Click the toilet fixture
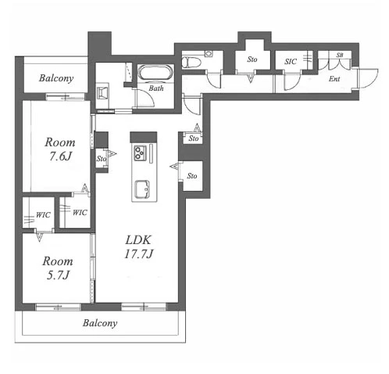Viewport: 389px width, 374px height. pos(191,63)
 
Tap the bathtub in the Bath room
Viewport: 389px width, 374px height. pos(155,72)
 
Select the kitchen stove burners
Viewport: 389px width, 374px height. pos(140,153)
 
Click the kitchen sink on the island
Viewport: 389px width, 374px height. pos(142,189)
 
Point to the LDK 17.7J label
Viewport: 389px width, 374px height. pos(138,246)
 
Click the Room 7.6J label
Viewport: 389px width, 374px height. pos(60,149)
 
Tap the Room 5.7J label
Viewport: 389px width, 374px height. pos(58,268)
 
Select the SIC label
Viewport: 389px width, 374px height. pos(291,62)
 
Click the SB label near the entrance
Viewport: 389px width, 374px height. pos(340,55)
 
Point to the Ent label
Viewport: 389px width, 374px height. pos(334,78)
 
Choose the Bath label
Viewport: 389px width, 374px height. pos(156,88)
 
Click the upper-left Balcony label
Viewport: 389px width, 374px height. pos(56,78)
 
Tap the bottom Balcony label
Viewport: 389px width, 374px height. pos(100,323)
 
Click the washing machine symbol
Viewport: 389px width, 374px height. pos(102,93)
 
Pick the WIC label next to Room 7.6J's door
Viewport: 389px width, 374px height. pos(80,213)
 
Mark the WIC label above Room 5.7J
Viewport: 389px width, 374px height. pos(43,215)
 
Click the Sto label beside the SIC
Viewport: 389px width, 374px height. pos(252,59)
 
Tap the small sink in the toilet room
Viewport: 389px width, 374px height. pos(209,54)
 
